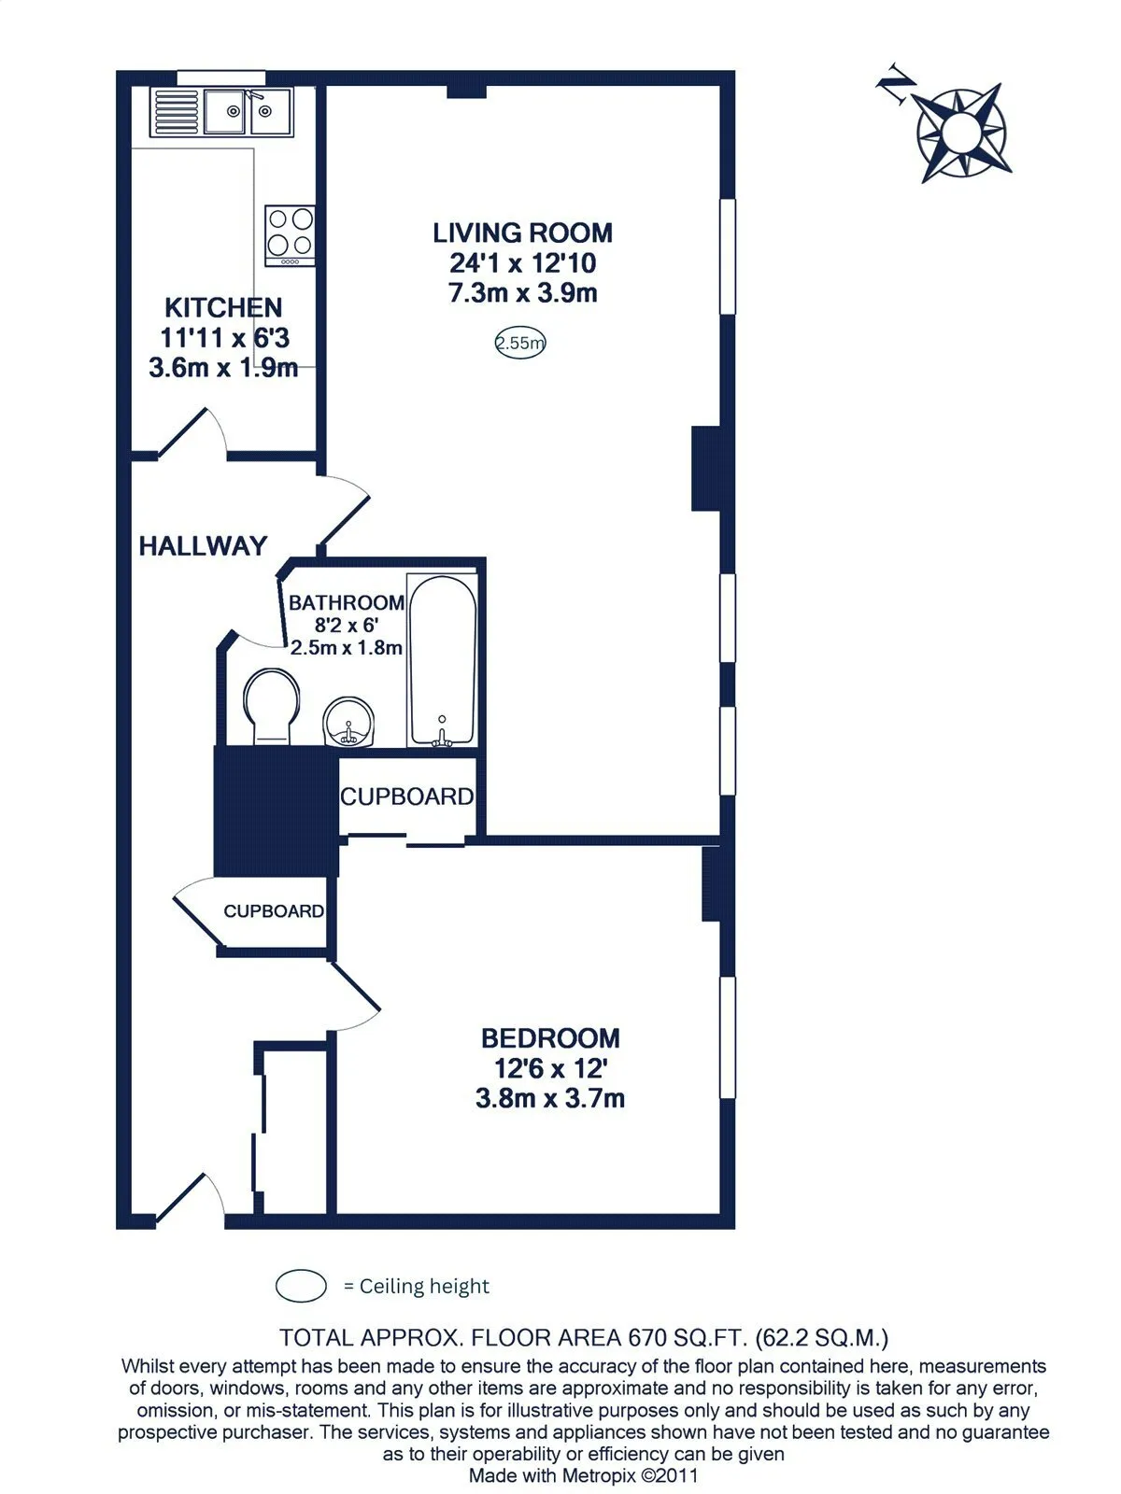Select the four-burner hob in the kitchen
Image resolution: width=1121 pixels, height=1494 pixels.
290,235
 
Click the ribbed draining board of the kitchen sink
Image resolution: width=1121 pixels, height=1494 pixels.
176,112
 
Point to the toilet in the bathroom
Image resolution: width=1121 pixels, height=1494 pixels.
271,707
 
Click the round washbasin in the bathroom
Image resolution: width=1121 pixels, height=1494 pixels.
348,722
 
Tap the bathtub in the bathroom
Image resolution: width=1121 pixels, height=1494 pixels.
442,660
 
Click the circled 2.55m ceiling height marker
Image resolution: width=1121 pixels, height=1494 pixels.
520,343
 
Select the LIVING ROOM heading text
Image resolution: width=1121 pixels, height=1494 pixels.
523,233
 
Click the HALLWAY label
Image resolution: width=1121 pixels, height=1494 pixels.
203,546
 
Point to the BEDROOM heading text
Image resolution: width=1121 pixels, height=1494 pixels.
550,1038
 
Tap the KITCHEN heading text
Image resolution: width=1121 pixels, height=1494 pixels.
223,307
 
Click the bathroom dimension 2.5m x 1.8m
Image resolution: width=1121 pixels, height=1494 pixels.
347,647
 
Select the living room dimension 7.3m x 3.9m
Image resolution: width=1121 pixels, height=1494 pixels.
523,292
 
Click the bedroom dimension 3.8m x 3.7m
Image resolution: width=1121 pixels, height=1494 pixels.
550,1098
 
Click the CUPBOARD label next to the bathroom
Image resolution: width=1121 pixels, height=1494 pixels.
407,796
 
